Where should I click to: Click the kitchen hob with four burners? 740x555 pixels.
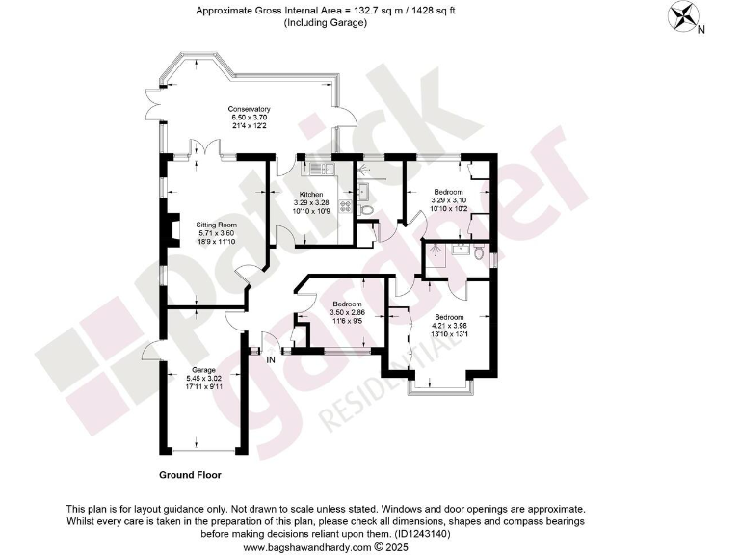point(343,205)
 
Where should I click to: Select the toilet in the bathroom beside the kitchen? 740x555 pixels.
point(365,210)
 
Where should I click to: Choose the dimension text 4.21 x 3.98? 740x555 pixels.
point(448,326)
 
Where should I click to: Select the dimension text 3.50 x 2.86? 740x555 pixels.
point(344,313)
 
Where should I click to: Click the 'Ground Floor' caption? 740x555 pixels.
point(190,475)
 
